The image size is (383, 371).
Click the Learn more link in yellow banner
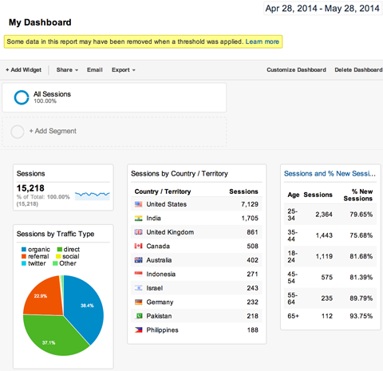point(262,41)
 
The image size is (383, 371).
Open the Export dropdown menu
point(123,70)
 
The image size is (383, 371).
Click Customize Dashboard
point(296,70)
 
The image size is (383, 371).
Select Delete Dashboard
point(358,70)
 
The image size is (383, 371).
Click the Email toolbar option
point(94,70)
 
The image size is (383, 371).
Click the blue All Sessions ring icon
point(22,97)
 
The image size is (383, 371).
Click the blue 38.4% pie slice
point(85,307)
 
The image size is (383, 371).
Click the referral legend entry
point(38,255)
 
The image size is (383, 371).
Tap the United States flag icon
point(139,205)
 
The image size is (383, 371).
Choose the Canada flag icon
point(139,246)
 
